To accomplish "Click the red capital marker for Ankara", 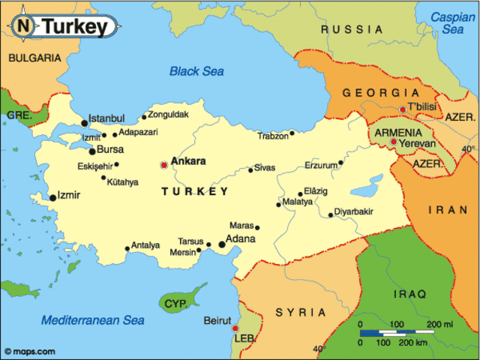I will pyautogui.click(x=164, y=165).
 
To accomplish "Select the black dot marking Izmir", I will pyautogui.click(x=52, y=198).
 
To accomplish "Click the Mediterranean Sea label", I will pyautogui.click(x=92, y=319).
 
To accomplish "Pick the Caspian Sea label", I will pyautogui.click(x=452, y=22).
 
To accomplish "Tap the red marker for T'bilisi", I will pyautogui.click(x=403, y=109).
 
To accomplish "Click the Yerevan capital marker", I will pyautogui.click(x=394, y=141).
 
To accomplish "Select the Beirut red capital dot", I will pyautogui.click(x=235, y=328).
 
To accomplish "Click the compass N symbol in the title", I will pyautogui.click(x=24, y=26).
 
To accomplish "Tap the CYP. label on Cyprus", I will pyautogui.click(x=175, y=304).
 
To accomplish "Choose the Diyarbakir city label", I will pyautogui.click(x=353, y=211).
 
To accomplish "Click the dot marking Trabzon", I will pyautogui.click(x=292, y=133).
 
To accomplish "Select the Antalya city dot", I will pyautogui.click(x=127, y=249).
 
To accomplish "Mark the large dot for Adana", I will pyautogui.click(x=222, y=244).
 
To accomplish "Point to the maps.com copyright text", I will pyautogui.click(x=29, y=351).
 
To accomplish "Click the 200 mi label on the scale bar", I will pyautogui.click(x=440, y=324).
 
